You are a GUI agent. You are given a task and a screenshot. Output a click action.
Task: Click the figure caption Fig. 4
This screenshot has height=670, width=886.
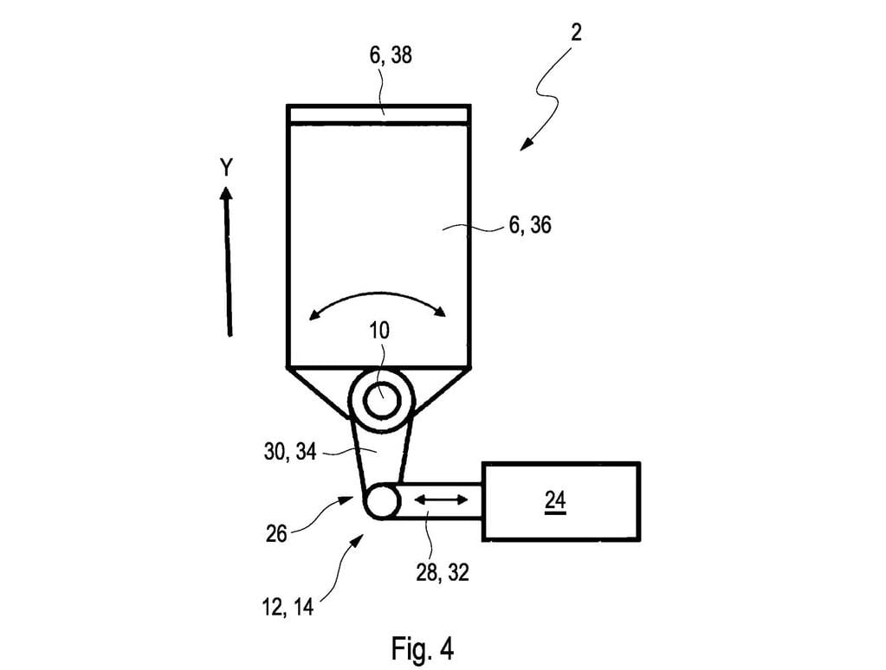point(423,647)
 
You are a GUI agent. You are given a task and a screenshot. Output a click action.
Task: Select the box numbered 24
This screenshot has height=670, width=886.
point(561,501)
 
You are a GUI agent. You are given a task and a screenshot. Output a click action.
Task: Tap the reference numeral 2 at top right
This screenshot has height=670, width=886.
point(576,34)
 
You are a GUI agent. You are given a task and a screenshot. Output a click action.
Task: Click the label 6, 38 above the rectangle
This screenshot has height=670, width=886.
point(391,57)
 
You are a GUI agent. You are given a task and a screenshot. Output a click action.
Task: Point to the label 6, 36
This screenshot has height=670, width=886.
point(529,227)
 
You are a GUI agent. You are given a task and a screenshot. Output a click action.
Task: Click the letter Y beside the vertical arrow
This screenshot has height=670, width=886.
point(226,168)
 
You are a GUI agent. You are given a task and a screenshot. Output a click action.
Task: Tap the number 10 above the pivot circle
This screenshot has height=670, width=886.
point(379,330)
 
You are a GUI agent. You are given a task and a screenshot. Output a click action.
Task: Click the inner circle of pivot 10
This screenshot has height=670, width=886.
point(381,401)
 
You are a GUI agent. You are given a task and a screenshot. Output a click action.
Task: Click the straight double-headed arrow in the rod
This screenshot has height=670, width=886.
point(442,500)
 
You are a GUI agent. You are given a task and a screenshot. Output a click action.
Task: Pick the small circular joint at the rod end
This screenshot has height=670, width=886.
point(380,501)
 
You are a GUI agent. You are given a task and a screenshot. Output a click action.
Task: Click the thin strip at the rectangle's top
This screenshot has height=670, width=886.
point(378,114)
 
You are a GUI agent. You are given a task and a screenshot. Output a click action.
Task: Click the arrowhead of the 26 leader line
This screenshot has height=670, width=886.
point(348,499)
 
